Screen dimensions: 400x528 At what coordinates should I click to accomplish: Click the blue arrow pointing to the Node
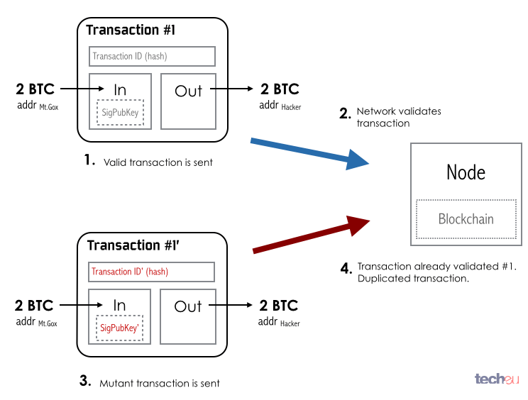(311, 153)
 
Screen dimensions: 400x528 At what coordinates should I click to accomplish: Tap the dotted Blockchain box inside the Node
(466, 218)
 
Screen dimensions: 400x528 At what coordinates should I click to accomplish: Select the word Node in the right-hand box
(466, 172)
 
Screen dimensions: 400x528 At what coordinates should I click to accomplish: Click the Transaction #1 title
(131, 30)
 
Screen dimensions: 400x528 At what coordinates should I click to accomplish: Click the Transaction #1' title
(132, 245)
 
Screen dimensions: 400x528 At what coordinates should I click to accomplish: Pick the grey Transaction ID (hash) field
(152, 56)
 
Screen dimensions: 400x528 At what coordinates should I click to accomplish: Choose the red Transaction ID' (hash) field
(152, 272)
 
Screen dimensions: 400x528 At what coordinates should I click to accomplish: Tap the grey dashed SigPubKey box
(119, 112)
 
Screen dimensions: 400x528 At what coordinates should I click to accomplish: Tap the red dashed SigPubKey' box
(119, 328)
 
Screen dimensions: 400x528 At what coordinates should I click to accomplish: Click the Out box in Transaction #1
(188, 100)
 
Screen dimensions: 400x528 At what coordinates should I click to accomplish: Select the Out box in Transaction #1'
(188, 316)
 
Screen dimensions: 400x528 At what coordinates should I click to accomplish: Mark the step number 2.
(345, 113)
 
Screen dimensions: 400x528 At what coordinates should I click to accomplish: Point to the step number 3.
(85, 381)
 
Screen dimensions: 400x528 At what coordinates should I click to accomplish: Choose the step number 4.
(346, 268)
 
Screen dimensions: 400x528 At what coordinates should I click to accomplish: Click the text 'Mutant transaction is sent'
(160, 383)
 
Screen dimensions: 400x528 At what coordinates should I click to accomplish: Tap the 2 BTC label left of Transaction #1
(35, 89)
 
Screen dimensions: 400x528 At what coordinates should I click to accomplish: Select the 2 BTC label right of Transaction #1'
(280, 305)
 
